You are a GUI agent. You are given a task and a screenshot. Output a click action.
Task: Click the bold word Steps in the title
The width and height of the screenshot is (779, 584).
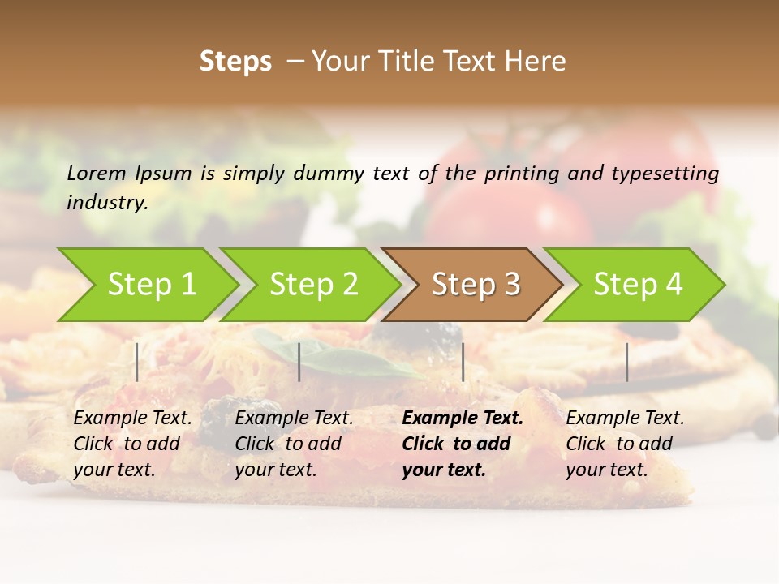click(235, 62)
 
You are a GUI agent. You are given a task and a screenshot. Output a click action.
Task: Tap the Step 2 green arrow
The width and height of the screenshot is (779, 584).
click(313, 285)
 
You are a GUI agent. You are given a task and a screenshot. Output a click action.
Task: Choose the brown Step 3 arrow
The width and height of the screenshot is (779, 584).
click(476, 285)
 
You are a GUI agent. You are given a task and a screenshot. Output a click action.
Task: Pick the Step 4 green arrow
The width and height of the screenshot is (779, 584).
click(638, 285)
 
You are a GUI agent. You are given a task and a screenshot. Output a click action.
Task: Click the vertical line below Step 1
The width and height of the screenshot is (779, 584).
click(137, 362)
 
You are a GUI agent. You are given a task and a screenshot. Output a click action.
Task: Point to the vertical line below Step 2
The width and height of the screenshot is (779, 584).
click(299, 362)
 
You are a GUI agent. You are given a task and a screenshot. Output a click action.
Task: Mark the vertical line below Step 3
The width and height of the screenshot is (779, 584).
click(463, 362)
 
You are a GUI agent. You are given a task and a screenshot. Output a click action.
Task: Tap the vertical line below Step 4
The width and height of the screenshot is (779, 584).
click(626, 362)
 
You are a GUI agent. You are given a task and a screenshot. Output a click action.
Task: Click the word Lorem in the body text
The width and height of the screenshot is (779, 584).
click(97, 173)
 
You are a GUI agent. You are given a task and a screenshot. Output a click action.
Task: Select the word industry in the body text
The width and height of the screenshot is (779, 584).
click(107, 203)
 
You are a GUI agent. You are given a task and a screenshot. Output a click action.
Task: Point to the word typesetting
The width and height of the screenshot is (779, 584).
click(665, 173)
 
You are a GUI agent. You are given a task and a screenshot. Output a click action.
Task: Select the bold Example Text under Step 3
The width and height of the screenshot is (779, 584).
click(463, 419)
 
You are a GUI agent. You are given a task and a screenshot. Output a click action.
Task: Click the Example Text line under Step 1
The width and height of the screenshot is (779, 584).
click(132, 419)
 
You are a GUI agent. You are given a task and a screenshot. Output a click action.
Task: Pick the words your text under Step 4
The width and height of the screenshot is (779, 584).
click(606, 470)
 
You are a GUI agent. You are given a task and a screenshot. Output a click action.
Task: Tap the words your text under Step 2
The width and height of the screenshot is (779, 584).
click(275, 470)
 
